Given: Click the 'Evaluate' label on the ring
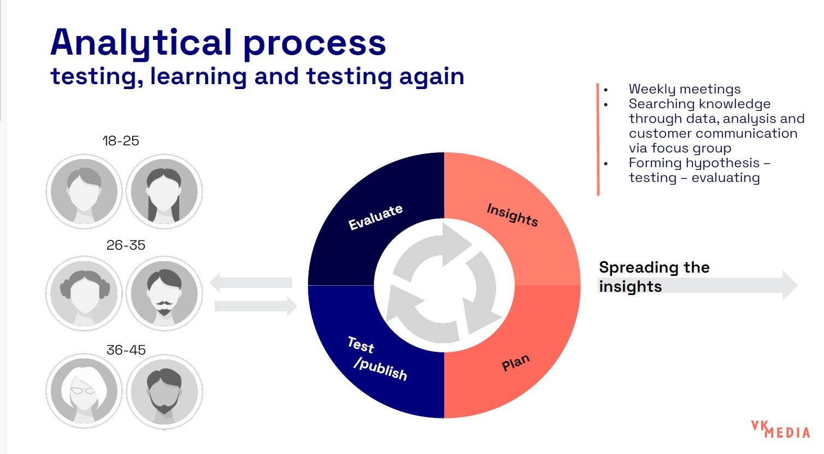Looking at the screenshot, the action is click(375, 217).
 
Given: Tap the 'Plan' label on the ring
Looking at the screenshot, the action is click(516, 362).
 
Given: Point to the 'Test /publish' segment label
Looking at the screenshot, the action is click(377, 359).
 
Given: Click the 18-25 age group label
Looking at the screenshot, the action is click(121, 141).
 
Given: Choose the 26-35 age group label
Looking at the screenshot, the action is click(126, 245).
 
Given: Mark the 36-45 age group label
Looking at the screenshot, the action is click(126, 350).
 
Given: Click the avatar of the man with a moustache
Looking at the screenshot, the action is click(164, 293).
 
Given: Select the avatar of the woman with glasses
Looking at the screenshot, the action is click(84, 391).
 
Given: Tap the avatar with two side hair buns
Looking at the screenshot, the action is click(84, 293).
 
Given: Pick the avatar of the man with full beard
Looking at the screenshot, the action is click(164, 391).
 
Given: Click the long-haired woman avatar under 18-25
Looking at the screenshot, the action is click(164, 191).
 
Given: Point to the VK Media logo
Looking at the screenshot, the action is click(780, 429).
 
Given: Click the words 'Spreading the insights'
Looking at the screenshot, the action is click(654, 276).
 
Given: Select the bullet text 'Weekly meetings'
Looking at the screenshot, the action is click(685, 89).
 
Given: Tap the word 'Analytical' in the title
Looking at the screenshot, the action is click(142, 43).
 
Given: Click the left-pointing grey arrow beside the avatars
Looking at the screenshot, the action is click(251, 282).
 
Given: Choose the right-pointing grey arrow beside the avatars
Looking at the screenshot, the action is click(256, 306).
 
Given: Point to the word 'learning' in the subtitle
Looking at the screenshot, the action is click(199, 77).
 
